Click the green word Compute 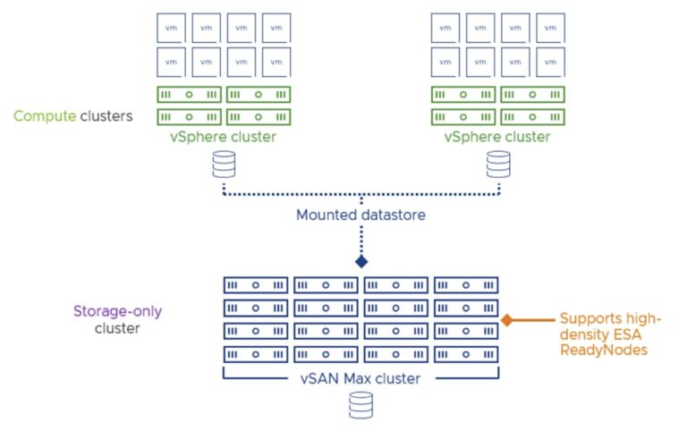coord(39,115)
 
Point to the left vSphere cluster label coord(223,137)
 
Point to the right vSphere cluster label coord(497,137)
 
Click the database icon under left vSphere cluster coord(223,164)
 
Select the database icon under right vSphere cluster coord(497,164)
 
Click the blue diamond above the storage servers coord(361,262)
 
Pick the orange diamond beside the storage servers coord(506,319)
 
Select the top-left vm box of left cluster coord(172,28)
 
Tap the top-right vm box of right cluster coord(549,28)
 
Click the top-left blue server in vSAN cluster coord(256,286)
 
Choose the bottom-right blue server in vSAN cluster coord(465,352)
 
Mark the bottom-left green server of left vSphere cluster coord(190,116)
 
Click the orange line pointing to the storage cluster coord(532,319)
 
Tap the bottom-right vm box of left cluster coord(276,62)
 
